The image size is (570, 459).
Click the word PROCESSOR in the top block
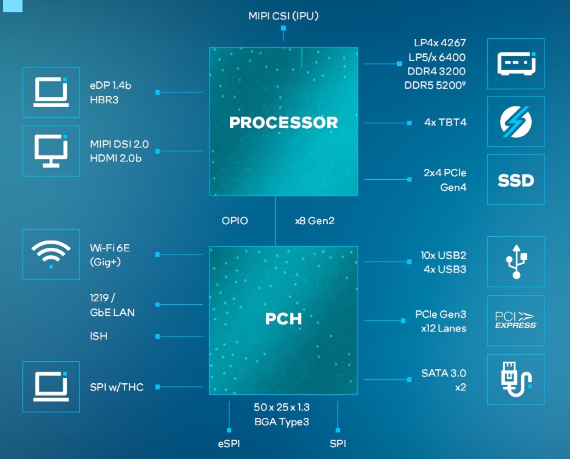(283, 123)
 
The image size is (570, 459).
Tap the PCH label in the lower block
(283, 319)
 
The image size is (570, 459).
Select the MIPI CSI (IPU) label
(283, 16)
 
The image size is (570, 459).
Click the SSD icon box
(515, 180)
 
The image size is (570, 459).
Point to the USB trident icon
(516, 261)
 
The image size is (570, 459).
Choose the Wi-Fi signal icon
(51, 254)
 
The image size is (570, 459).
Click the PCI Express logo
(515, 320)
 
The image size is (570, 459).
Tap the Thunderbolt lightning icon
(515, 121)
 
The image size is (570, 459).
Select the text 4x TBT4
(445, 122)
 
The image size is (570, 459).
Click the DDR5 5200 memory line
(435, 85)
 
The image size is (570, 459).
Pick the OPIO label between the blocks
(235, 221)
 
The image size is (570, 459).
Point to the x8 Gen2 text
(315, 221)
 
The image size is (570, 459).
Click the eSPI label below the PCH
(229, 444)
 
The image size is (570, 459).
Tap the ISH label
(99, 336)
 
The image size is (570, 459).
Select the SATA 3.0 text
(443, 373)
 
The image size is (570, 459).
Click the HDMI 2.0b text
(116, 158)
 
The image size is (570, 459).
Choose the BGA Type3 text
(282, 422)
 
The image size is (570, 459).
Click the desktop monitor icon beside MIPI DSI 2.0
(51, 151)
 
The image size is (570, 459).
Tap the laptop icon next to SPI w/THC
(51, 387)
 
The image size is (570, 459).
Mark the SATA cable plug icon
(515, 379)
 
